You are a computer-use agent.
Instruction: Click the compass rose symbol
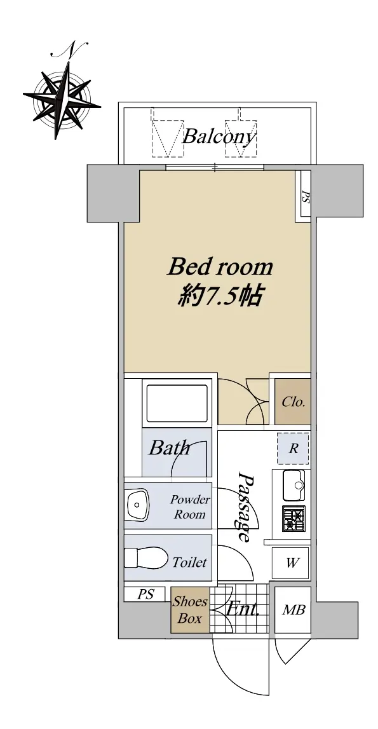[x=62, y=96]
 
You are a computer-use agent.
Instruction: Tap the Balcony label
[x=219, y=137]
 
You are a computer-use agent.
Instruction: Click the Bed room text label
[x=219, y=268]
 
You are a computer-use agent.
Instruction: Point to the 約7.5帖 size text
[x=219, y=296]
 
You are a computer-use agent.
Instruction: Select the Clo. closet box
[x=292, y=402]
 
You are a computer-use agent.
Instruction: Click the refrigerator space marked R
[x=293, y=449]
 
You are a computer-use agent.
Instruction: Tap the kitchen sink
[x=294, y=486]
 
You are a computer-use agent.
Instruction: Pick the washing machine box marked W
[x=291, y=563]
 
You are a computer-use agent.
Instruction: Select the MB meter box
[x=293, y=610]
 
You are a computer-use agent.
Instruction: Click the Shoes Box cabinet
[x=190, y=610]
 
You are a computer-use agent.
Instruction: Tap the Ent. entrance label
[x=242, y=609]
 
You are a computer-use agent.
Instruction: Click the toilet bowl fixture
[x=146, y=557]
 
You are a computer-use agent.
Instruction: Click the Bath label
[x=169, y=448]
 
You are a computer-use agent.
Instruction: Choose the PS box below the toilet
[x=145, y=595]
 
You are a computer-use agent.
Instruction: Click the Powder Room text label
[x=190, y=507]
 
